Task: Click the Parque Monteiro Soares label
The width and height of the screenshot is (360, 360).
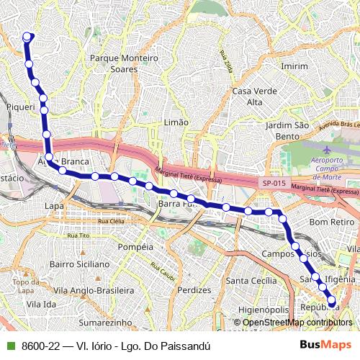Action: click(123, 63)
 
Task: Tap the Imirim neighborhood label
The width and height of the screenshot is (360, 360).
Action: click(294, 66)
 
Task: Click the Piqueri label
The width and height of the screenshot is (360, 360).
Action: click(20, 107)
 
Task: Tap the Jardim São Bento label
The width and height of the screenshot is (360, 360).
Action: click(286, 130)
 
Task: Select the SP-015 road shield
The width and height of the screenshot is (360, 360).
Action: click(273, 184)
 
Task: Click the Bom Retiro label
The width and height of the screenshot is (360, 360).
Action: click(328, 222)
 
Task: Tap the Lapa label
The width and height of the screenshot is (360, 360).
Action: click(54, 206)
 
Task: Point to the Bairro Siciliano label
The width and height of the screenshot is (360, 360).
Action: click(78, 265)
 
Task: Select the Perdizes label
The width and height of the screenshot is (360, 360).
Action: click(194, 289)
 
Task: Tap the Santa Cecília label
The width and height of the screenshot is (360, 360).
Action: click(251, 280)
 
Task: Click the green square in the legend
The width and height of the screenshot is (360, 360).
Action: click(10, 346)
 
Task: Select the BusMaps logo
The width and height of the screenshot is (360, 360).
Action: click(325, 345)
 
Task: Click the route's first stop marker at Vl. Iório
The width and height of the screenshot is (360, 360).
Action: click(28, 37)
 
